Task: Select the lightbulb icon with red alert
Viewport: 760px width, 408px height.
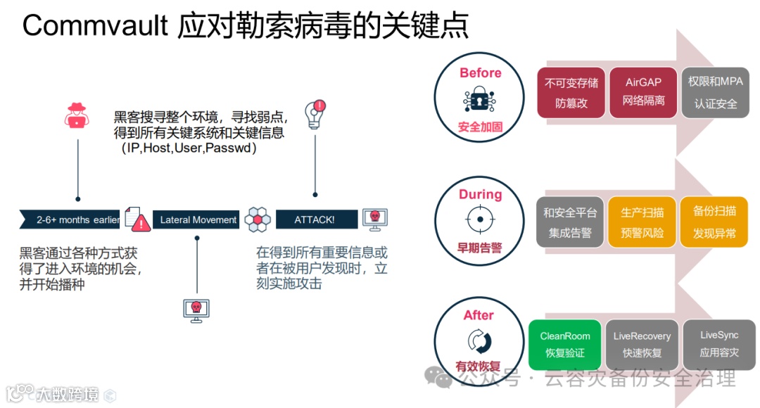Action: point(315,113)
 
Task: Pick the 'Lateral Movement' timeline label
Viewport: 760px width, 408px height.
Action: point(198,219)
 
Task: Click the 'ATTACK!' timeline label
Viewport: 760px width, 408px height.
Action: point(314,219)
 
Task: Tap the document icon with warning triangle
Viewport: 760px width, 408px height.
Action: point(138,219)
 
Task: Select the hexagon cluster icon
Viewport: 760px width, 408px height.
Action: point(258,219)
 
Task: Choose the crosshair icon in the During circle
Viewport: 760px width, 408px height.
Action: point(480,219)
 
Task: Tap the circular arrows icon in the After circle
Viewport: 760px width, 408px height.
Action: point(479,341)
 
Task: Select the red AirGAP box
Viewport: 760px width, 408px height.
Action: point(643,92)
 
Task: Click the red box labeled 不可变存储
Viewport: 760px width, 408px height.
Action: point(571,92)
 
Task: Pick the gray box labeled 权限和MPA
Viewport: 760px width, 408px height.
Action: point(715,92)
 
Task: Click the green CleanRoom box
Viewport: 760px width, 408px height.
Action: point(565,344)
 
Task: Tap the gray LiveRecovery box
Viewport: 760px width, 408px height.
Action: point(642,344)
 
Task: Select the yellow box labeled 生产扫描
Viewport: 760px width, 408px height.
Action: point(642,222)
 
